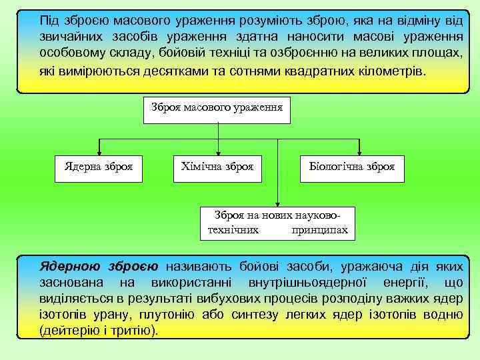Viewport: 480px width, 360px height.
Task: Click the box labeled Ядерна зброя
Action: click(x=98, y=167)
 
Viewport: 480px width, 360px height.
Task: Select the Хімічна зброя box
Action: click(x=217, y=167)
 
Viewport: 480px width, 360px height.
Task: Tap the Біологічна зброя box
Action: click(x=351, y=167)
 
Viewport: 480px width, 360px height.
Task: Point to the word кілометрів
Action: click(x=394, y=71)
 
